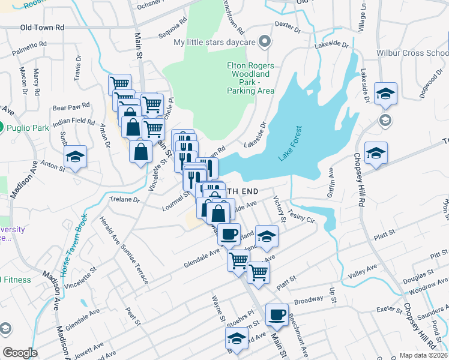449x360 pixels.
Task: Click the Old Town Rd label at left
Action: click(x=42, y=28)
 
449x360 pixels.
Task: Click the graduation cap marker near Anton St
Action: click(x=75, y=157)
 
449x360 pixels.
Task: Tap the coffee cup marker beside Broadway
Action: click(x=277, y=314)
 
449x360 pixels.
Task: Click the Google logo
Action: click(x=20, y=353)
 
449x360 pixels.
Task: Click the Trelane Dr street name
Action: click(x=124, y=199)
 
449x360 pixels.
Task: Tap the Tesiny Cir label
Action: click(x=302, y=217)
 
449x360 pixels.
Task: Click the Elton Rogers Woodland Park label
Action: click(x=250, y=78)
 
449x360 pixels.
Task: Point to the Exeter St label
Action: click(x=388, y=310)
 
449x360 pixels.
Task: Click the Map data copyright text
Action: click(x=423, y=355)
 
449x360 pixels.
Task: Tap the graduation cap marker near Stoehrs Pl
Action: click(x=237, y=339)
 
